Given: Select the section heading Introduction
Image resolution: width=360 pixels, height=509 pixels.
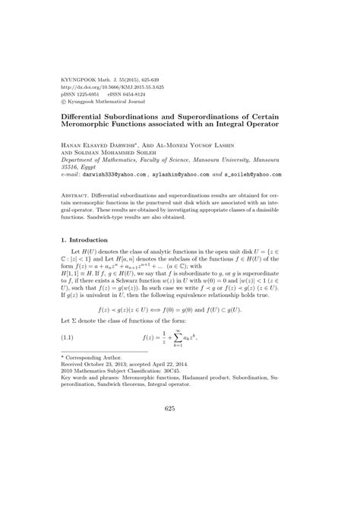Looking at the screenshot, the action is click(x=90, y=239).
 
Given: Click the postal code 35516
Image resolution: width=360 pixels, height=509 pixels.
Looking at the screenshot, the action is click(x=71, y=165).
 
